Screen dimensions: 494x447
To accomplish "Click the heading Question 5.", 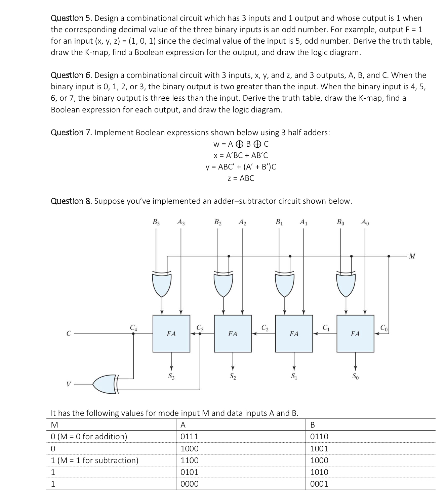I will tap(71, 18).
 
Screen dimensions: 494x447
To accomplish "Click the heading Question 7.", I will tap(71, 133).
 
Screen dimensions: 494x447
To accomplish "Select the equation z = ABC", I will tap(241, 179).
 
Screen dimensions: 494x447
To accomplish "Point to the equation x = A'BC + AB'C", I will tap(241, 155).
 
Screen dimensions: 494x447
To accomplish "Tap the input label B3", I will tap(156, 222).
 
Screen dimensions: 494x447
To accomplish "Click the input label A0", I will tap(365, 222).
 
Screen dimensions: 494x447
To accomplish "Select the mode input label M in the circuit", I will tap(412, 256).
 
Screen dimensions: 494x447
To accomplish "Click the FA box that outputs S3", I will tap(171, 334).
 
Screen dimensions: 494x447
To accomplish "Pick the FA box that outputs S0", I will tap(355, 334).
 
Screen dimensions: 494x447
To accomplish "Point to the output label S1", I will tap(294, 376).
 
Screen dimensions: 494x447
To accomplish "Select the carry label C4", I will tap(133, 327).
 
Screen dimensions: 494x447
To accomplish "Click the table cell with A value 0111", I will tap(190, 437).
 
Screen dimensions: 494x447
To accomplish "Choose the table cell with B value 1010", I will tap(319, 472).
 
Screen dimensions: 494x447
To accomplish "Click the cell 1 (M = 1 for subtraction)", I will tap(94, 460).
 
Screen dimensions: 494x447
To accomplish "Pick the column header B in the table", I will tap(313, 425).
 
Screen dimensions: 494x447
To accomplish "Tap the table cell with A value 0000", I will tap(190, 484).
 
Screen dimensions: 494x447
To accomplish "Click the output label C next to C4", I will tap(69, 334).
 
